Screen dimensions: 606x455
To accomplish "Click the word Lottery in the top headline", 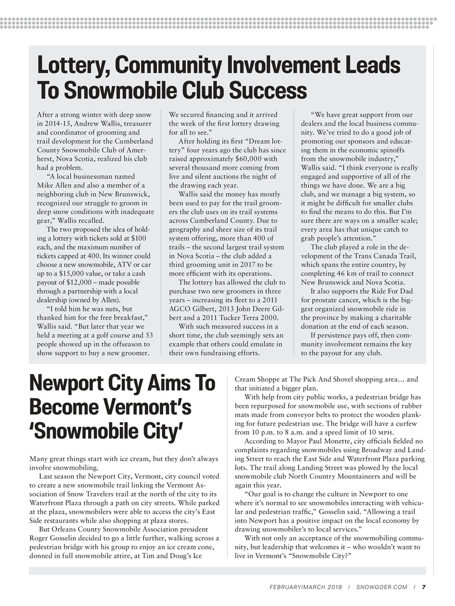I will pyautogui.click(x=71, y=65).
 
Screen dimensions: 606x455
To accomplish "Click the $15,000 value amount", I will pyautogui.click(x=76, y=274).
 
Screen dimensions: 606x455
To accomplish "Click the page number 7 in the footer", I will pyautogui.click(x=424, y=587).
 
